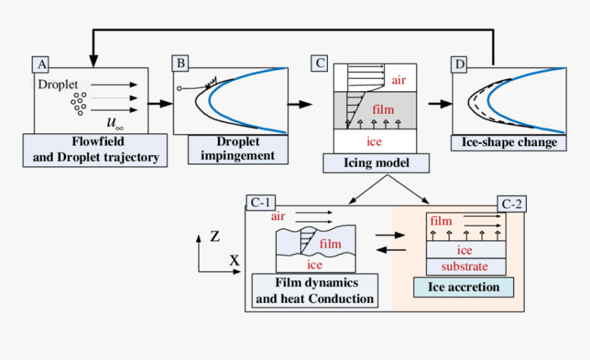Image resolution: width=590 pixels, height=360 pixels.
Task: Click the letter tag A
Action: pyautogui.click(x=42, y=65)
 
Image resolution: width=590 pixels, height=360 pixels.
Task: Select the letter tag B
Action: pyautogui.click(x=181, y=64)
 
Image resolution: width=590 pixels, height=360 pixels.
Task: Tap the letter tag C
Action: pyautogui.click(x=320, y=64)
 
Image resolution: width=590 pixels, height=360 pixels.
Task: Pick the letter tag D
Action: pyautogui.click(x=459, y=65)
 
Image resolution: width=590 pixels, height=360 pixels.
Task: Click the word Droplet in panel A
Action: pyautogui.click(x=58, y=85)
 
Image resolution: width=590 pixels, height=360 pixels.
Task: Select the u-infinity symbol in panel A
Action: pyautogui.click(x=115, y=123)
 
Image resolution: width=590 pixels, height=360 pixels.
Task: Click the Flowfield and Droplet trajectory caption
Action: pyautogui.click(x=95, y=151)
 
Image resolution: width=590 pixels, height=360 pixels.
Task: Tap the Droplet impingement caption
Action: pyautogui.click(x=237, y=149)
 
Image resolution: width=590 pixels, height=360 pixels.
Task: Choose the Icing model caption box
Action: pyautogui.click(x=376, y=163)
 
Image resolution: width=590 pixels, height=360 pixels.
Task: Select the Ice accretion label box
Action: pyautogui.click(x=463, y=287)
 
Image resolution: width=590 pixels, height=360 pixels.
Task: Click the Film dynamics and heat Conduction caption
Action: pyautogui.click(x=314, y=291)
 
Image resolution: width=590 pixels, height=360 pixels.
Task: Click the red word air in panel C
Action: pyautogui.click(x=399, y=80)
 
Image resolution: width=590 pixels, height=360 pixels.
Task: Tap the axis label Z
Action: pyautogui.click(x=215, y=237)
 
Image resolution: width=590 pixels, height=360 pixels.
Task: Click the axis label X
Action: pyautogui.click(x=234, y=261)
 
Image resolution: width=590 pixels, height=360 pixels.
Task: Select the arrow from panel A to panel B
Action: pyautogui.click(x=159, y=104)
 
